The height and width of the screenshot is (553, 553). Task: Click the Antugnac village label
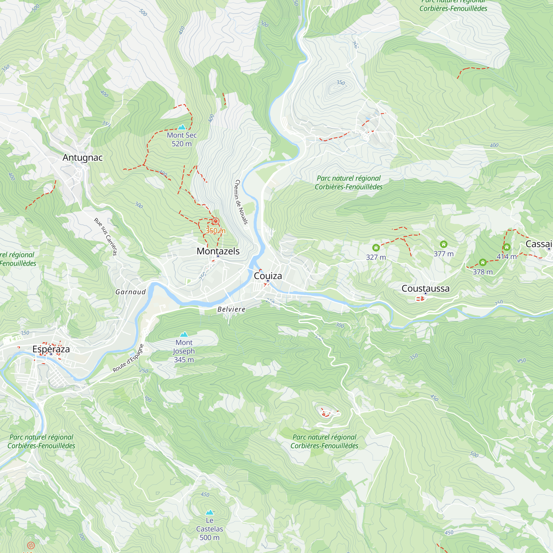[x=82, y=157]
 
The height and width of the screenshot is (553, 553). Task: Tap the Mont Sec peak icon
[x=182, y=127]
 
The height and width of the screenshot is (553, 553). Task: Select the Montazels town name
[x=218, y=251]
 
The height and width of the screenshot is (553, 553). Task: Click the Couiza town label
[x=268, y=276]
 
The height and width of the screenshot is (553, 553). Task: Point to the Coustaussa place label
[x=425, y=288]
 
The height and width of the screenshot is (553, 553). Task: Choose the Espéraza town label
[x=51, y=349]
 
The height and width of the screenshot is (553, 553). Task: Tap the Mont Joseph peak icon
[x=184, y=334]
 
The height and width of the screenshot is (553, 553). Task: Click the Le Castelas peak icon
[x=210, y=512]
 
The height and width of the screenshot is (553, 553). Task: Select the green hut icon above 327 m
[x=376, y=247]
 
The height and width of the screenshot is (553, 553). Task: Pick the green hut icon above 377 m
[x=444, y=244]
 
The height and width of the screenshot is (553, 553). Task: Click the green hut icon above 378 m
[x=482, y=262]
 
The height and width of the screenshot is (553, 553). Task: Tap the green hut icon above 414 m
[x=507, y=247]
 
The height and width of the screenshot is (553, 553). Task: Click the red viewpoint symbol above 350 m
[x=215, y=221]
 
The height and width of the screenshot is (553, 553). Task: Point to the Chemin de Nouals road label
[x=241, y=202]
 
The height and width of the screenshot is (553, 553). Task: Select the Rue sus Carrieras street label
[x=106, y=236]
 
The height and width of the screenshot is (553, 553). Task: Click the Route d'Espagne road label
[x=128, y=358]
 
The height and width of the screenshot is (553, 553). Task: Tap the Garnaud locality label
[x=131, y=292]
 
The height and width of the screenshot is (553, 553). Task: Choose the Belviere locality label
[x=231, y=309]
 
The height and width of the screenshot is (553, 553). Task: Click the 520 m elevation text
[x=181, y=144]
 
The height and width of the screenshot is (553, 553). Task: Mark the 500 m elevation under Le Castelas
[x=210, y=538]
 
